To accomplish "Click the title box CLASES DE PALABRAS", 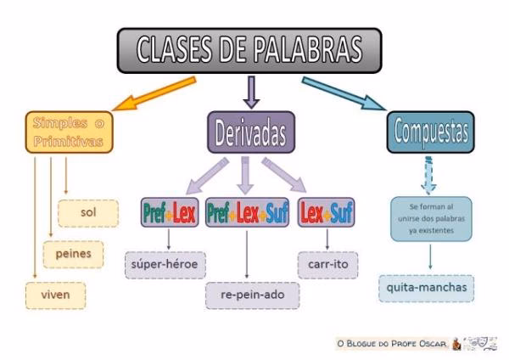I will click(249, 50).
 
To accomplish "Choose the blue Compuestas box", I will click(432, 132).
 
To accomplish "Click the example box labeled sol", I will click(88, 213).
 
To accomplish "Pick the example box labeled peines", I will click(73, 253).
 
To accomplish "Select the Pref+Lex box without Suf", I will click(169, 213).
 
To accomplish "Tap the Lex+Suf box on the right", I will click(327, 213).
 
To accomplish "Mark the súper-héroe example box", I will click(164, 265).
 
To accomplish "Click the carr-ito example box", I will click(327, 265).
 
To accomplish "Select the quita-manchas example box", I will click(427, 288).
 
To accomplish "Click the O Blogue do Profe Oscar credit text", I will click(390, 342).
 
